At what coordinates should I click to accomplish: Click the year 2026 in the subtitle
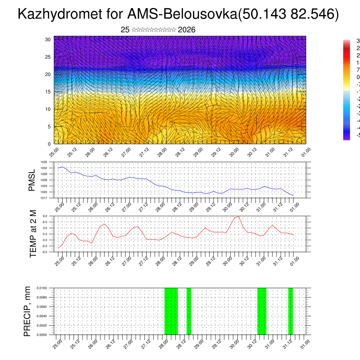point(187,30)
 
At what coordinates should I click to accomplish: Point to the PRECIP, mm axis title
point(27,311)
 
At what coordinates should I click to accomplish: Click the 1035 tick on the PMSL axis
point(44,162)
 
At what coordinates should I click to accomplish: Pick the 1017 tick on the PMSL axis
point(44,198)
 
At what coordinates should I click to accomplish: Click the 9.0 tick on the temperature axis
point(45,216)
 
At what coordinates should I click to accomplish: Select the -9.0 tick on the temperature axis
point(45,252)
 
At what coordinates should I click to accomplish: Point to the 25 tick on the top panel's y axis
point(48,57)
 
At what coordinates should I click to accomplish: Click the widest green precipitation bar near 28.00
point(171,311)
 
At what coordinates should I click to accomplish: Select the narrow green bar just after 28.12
point(189,311)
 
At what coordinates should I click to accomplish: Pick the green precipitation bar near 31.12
point(290,311)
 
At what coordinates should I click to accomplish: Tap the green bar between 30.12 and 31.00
point(262,311)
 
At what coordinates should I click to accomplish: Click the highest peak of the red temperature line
point(239,217)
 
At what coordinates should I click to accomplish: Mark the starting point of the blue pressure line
point(58,168)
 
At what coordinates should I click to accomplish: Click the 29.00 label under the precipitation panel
point(198,342)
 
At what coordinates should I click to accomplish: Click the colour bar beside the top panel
point(347,90)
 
